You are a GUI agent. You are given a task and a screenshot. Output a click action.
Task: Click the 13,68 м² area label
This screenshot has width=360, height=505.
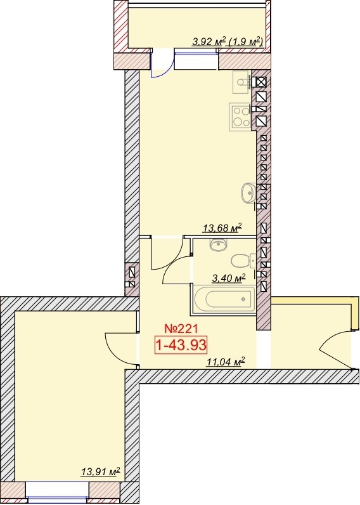coord(222,228)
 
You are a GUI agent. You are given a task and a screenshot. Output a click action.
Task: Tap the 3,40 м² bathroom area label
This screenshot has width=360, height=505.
coord(229,278)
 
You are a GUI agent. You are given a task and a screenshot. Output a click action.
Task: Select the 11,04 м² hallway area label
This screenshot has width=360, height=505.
coord(226,362)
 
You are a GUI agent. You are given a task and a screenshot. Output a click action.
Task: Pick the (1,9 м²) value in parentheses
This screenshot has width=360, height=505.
coord(245,41)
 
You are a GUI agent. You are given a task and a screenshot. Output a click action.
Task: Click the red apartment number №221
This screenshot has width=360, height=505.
coord(180,329)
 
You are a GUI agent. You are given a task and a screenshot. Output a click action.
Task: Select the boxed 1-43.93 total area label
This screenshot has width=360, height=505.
coord(180,345)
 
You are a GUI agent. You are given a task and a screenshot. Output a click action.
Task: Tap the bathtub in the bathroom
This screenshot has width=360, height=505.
coord(226,299)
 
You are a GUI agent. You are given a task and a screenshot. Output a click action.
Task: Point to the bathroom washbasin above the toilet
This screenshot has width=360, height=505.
coord(219,244)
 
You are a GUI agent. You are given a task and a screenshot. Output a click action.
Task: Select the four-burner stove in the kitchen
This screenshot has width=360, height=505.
coord(240,117)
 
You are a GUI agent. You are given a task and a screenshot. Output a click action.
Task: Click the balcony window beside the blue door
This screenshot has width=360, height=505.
coord(197,59)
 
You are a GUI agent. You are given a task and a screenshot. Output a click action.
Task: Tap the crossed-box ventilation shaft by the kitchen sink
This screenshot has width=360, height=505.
coord(261,82)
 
